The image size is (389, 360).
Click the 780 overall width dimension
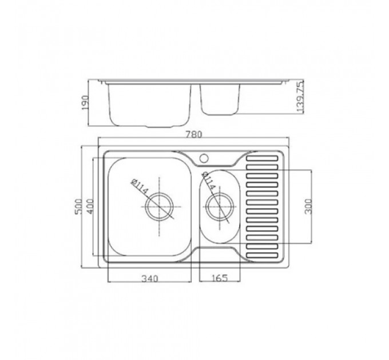194,134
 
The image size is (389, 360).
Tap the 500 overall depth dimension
78,207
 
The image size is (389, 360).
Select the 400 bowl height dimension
90,207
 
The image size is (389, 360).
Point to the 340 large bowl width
150,278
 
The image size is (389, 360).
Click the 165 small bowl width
220,278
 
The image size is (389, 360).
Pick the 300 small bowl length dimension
308,206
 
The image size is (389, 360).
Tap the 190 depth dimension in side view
85,103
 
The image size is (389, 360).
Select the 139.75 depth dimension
300,97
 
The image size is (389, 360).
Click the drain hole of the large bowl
159,206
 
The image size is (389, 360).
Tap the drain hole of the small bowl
220,206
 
